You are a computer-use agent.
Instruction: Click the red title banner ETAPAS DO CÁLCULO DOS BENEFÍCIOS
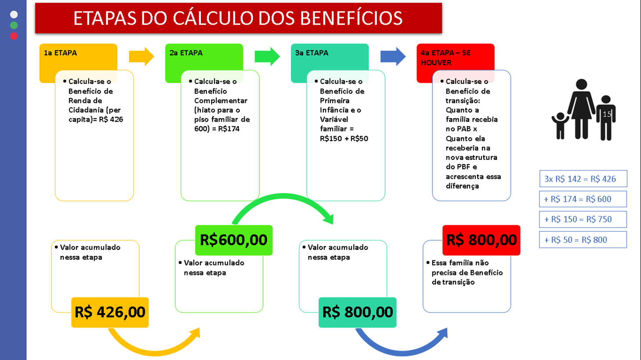tap(238, 18)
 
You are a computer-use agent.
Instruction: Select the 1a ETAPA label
tap(60, 53)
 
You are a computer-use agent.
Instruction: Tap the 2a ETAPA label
tap(186, 53)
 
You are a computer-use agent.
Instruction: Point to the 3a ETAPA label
tap(311, 53)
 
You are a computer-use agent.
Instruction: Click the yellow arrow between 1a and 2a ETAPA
tap(141, 56)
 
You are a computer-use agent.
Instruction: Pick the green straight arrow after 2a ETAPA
tap(267, 56)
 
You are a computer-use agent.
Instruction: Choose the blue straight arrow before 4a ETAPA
tap(393, 56)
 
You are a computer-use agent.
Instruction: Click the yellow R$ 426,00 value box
tap(110, 312)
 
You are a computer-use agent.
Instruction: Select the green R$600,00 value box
tap(234, 240)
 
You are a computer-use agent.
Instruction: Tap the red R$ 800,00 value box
tap(481, 240)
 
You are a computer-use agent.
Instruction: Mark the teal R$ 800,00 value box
tap(357, 312)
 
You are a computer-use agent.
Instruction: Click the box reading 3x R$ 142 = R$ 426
tap(583, 179)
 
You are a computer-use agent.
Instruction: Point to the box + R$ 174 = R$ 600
tap(583, 199)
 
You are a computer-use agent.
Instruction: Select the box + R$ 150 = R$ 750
tap(583, 219)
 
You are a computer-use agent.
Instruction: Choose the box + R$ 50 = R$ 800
tap(583, 240)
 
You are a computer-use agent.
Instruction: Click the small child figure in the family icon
tap(560, 126)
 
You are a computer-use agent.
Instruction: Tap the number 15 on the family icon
tap(607, 114)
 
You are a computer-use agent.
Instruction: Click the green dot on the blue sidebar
tap(14, 25)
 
